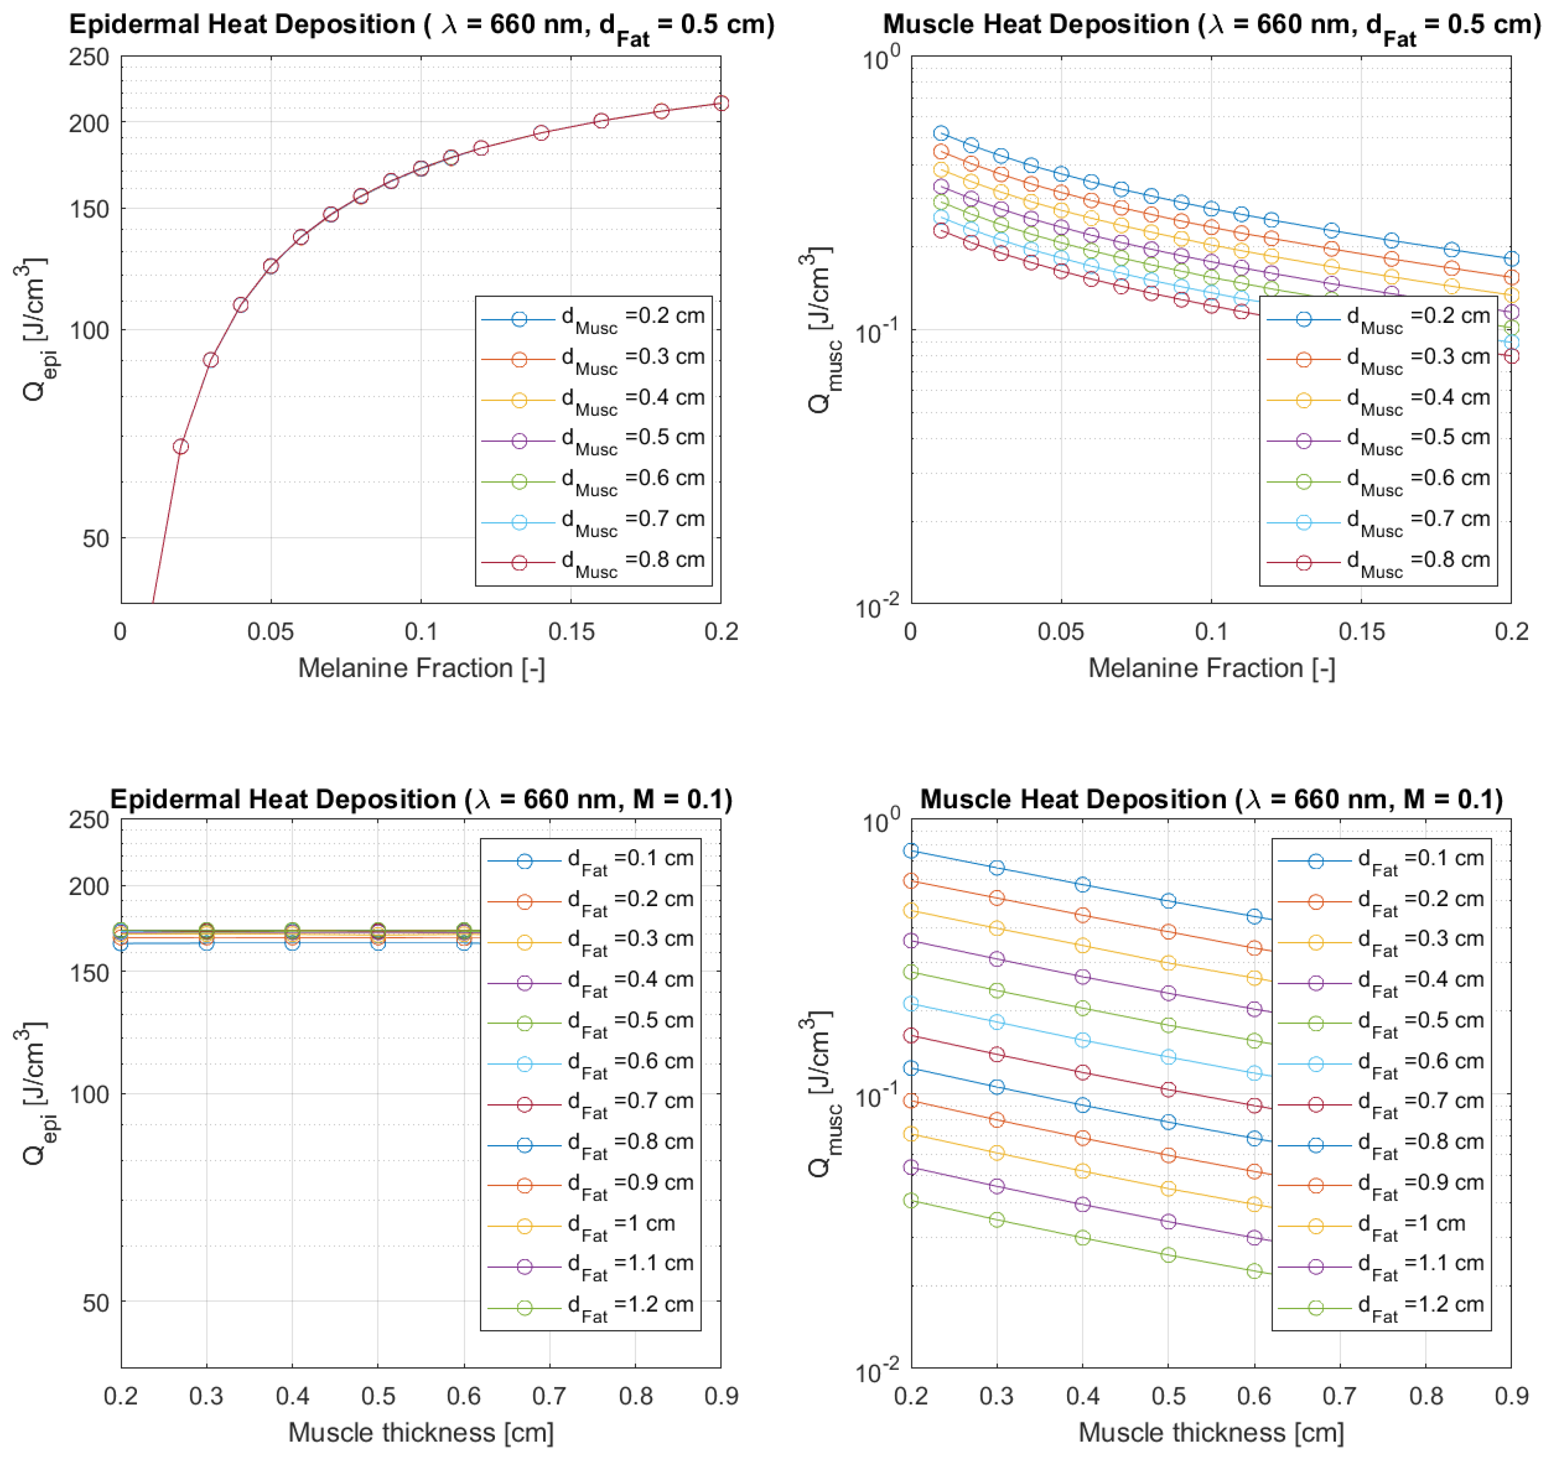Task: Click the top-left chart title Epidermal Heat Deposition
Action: (421, 25)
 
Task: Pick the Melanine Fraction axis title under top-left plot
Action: (421, 668)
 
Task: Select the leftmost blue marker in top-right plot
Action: (941, 133)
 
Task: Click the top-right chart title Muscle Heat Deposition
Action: (1211, 25)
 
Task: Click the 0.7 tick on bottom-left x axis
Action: (550, 1395)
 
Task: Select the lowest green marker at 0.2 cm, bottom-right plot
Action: (910, 1200)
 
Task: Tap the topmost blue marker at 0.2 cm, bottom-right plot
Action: (910, 851)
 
